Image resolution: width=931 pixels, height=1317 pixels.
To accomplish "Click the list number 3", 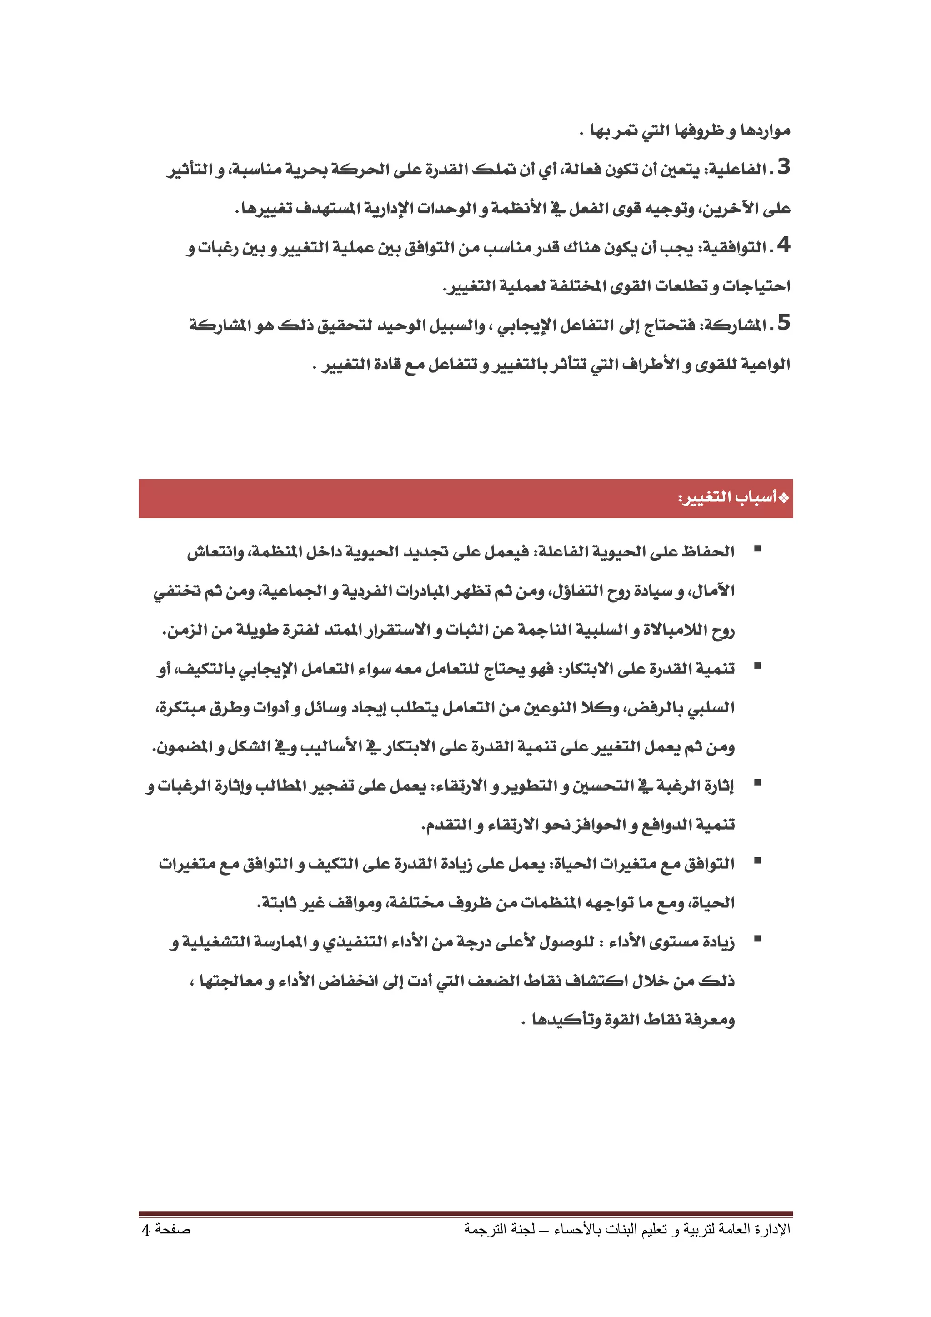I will click(784, 167).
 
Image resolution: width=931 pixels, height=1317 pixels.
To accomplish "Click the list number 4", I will click(784, 245).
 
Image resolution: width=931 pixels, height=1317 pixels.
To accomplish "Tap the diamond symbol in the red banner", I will click(784, 498).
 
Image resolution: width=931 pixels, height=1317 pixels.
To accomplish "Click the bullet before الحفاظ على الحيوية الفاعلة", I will click(757, 549).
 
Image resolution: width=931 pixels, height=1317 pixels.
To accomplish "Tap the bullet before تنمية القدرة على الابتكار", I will click(757, 666).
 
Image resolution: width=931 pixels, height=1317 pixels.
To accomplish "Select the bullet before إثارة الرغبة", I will click(757, 783).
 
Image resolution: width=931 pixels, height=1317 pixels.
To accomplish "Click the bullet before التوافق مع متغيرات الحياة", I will click(757, 861).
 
